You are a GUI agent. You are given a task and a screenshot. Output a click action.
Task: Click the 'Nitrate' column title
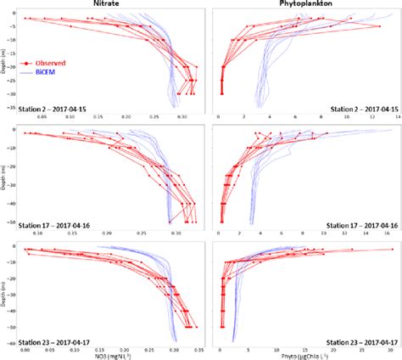click(112, 4)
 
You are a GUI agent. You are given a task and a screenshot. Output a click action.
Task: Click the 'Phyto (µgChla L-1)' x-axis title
click(305, 355)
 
